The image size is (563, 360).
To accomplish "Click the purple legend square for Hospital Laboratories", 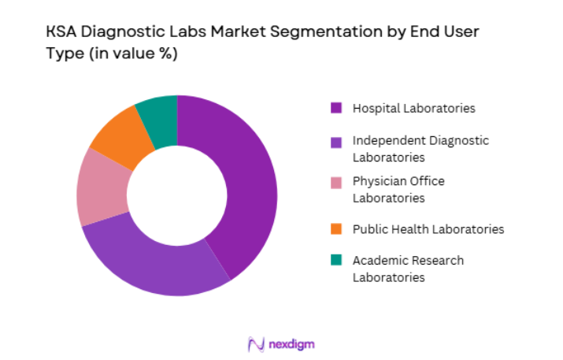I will coord(336,108).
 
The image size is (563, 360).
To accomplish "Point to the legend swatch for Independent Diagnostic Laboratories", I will coord(336,143).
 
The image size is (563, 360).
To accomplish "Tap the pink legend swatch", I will coord(336,183).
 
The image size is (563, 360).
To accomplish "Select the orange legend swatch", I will coord(336,229).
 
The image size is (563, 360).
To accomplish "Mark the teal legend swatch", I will coord(336,261).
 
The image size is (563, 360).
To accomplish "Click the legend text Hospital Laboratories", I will coord(413,108).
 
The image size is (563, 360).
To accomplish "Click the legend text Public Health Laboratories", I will coord(428,229).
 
